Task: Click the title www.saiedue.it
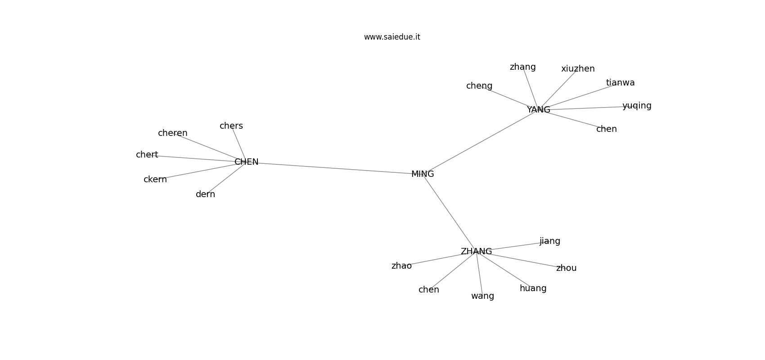(392, 37)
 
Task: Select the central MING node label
(423, 174)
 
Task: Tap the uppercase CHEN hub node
(247, 162)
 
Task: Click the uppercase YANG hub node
(539, 110)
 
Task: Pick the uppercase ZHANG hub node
(477, 252)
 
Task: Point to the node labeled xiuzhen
(578, 69)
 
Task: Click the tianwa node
(621, 83)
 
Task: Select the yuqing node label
(637, 106)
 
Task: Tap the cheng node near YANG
(480, 86)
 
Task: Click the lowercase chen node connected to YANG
(607, 129)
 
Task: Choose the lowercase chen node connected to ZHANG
(429, 290)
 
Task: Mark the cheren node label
(173, 133)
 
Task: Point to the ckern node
(155, 179)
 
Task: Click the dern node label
(206, 194)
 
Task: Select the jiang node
(550, 242)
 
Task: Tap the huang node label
(533, 288)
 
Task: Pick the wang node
(482, 296)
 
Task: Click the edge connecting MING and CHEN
(335, 168)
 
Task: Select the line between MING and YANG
(481, 142)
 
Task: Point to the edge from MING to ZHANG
(450, 213)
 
